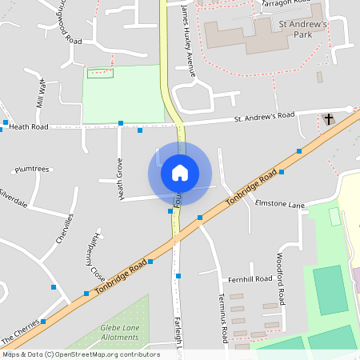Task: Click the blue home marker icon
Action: click(x=180, y=173)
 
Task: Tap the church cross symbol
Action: click(x=328, y=119)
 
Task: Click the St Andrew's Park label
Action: click(x=303, y=30)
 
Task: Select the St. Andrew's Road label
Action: click(x=264, y=117)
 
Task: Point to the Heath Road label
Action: click(x=29, y=126)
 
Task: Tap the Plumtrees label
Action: click(x=32, y=169)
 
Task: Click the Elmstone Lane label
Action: click(x=280, y=204)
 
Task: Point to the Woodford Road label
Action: click(x=280, y=279)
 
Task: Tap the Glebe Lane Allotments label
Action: click(x=119, y=333)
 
